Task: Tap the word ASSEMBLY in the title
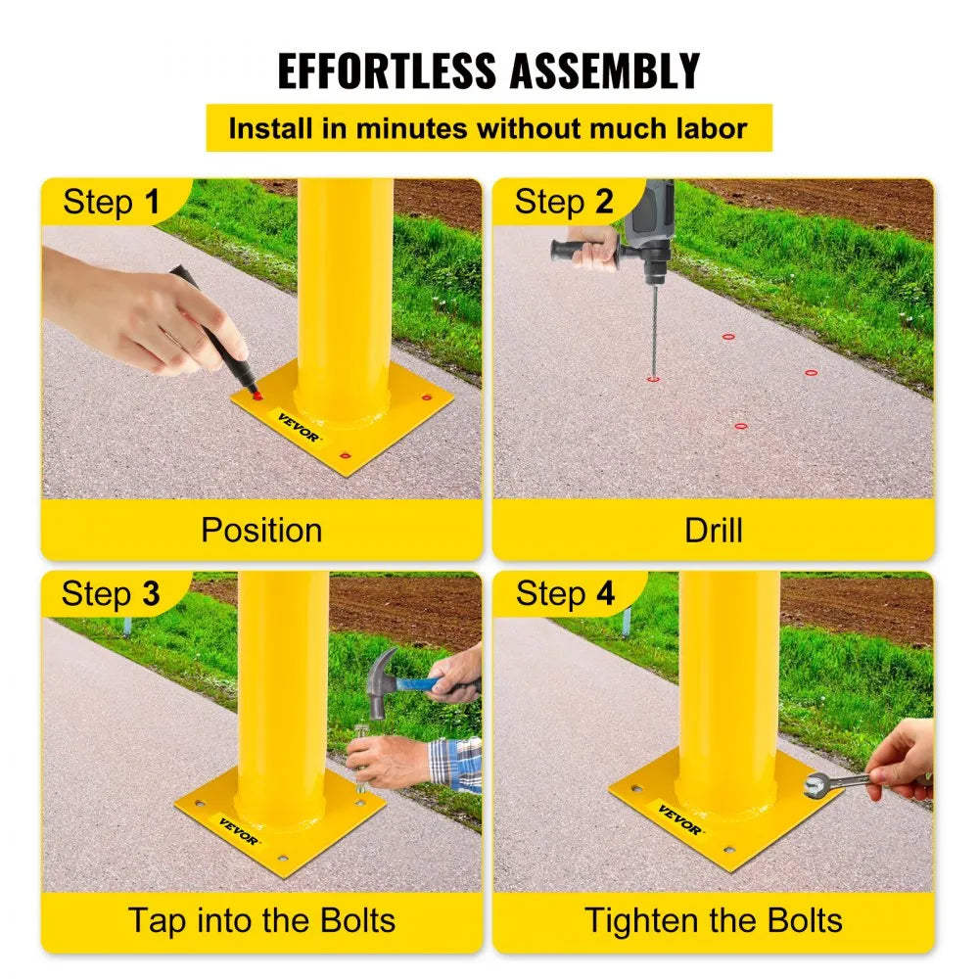click(603, 70)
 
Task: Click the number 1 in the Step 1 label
click(151, 203)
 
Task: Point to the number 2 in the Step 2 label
click(604, 203)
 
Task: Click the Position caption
click(261, 531)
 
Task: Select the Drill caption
click(714, 531)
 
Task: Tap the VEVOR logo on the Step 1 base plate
click(297, 427)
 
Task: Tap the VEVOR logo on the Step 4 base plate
click(679, 820)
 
